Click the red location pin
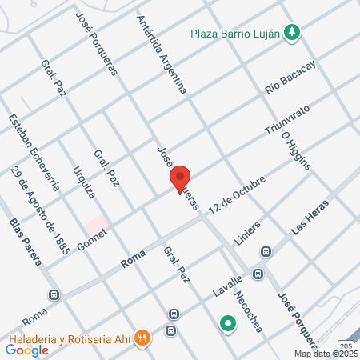pyautogui.click(x=180, y=178)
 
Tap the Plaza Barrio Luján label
pyautogui.click(x=238, y=33)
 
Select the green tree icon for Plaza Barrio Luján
pyautogui.click(x=294, y=33)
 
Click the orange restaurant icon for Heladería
pyautogui.click(x=142, y=337)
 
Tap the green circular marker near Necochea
pyautogui.click(x=228, y=324)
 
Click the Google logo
pyautogui.click(x=27, y=350)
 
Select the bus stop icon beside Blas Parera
pyautogui.click(x=54, y=294)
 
